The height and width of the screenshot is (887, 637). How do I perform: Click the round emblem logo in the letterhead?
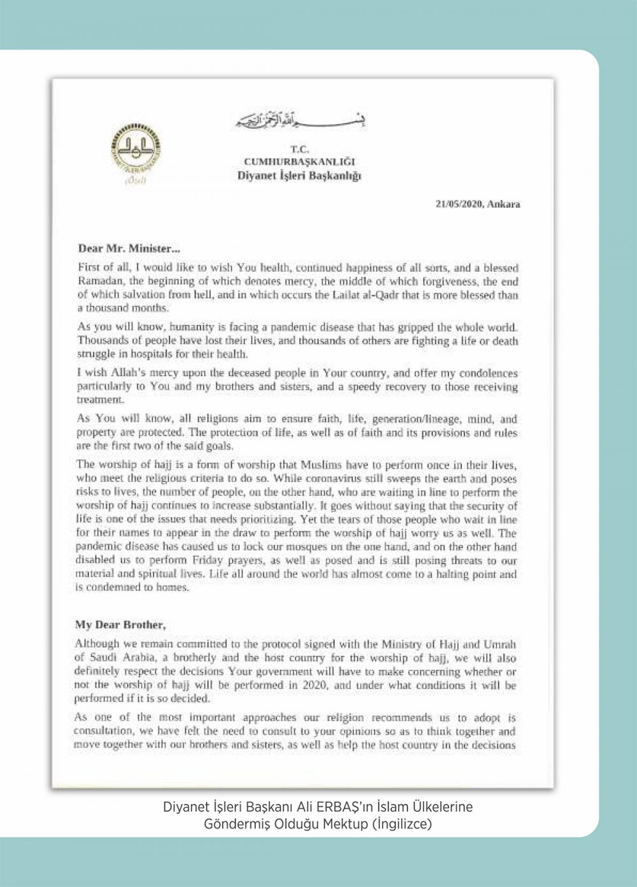[132, 155]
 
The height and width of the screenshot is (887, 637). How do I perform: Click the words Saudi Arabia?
[114, 656]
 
